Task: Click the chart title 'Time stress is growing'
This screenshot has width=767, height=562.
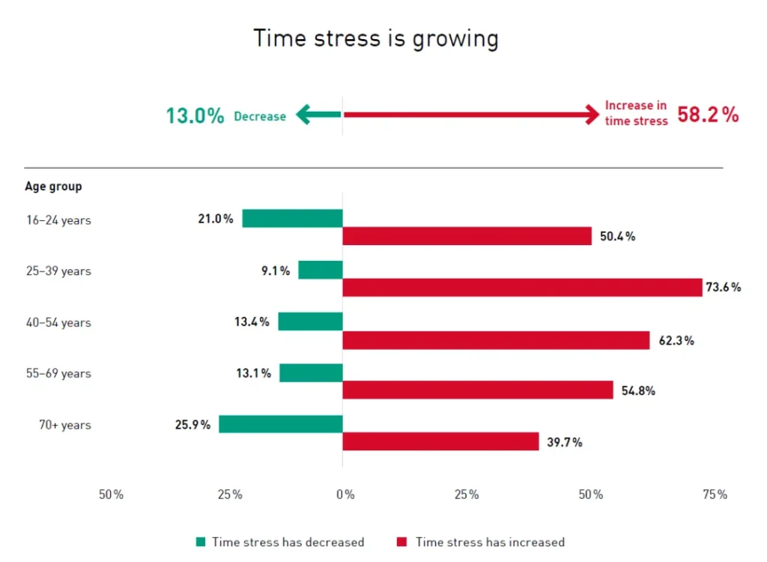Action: coord(375,38)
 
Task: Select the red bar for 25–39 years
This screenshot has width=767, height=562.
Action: coord(522,288)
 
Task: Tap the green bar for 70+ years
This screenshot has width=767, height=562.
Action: coord(280,424)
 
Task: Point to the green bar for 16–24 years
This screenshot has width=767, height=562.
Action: coord(292,219)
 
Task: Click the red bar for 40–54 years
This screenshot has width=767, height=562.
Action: coord(496,340)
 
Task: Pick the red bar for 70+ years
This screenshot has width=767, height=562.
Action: coord(440,441)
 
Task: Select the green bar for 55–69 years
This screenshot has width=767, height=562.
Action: coord(311,372)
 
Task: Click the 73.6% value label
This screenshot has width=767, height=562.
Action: coord(723,287)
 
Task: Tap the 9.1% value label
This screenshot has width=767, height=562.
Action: coord(275,271)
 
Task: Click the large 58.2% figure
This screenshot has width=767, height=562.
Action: coord(708,115)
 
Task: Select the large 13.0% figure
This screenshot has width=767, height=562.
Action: coord(195,116)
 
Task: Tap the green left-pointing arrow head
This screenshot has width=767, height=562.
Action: coord(303,115)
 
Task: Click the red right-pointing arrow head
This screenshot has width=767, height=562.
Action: coord(591,115)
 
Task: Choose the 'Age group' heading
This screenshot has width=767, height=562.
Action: coord(53,186)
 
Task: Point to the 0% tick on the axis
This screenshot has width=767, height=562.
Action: coord(345,495)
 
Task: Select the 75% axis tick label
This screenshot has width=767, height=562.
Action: coord(715,495)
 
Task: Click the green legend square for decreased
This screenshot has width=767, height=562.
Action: coord(200,542)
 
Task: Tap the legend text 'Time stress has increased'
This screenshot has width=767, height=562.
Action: coord(490,542)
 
